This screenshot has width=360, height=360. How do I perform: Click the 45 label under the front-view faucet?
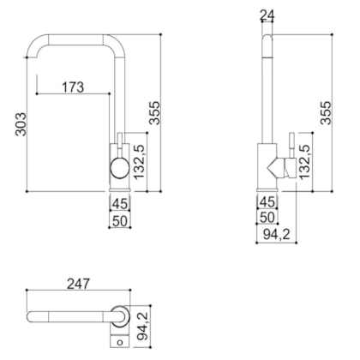[119, 203]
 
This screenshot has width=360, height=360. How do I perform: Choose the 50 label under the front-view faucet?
[119, 220]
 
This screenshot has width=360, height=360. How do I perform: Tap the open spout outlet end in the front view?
[33, 52]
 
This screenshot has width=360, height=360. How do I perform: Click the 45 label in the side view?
[267, 203]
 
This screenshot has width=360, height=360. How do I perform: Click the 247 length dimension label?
[78, 284]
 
